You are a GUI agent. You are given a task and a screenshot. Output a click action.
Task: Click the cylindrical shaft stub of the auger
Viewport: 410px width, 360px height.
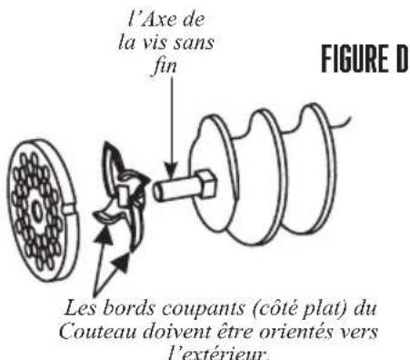coord(175,191)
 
